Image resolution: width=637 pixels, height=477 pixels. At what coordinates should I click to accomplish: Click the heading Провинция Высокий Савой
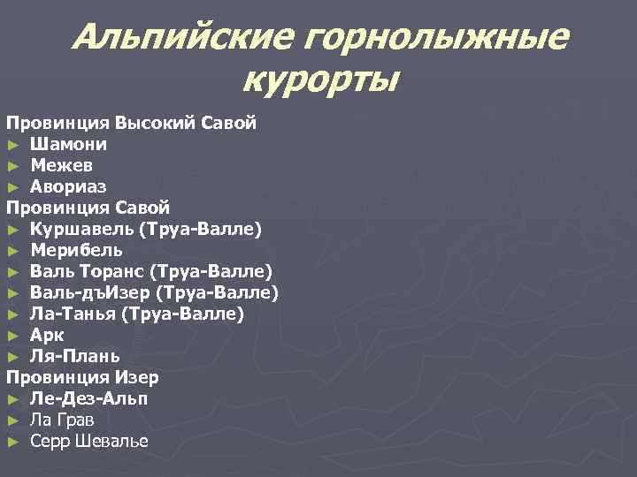click(132, 123)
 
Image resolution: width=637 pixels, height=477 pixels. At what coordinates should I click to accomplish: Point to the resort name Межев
click(63, 165)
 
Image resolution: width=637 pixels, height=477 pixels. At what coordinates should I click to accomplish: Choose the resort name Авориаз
click(69, 186)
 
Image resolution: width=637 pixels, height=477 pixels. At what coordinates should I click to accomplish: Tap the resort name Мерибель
click(76, 250)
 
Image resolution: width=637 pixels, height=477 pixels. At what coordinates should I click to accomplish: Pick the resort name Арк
click(47, 335)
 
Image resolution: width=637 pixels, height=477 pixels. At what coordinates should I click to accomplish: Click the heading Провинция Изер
click(83, 377)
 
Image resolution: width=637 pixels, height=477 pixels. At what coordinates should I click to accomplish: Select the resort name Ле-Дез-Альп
click(88, 398)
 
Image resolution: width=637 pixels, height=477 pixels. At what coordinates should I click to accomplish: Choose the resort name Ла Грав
click(62, 420)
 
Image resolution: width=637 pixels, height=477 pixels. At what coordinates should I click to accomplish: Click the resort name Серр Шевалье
click(88, 441)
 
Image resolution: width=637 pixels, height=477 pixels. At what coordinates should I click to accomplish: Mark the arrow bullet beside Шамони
click(12, 144)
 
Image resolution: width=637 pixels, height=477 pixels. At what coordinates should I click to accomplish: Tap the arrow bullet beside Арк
click(12, 335)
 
